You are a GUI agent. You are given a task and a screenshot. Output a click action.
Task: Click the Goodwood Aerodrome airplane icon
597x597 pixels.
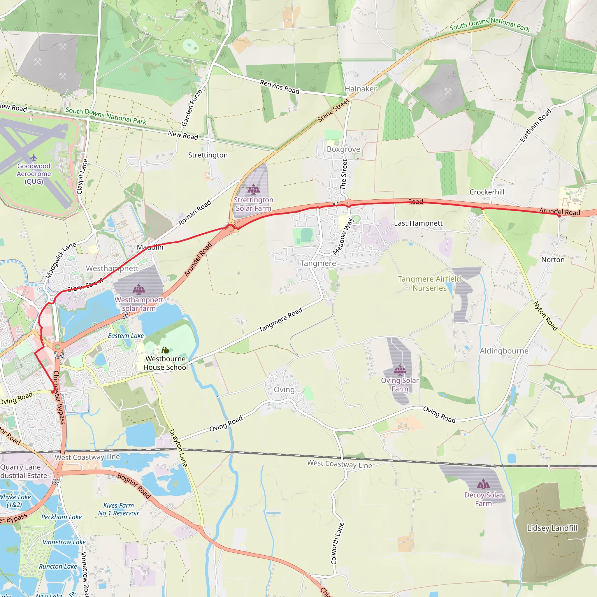pos(34,158)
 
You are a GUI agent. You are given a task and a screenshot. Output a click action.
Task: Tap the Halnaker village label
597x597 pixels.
pos(361,89)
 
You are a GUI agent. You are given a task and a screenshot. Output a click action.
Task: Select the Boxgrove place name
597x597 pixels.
pos(343,149)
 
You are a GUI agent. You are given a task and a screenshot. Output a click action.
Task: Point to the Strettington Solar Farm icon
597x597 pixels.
pos(253,188)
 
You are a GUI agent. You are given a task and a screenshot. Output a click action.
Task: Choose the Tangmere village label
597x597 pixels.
pos(318,263)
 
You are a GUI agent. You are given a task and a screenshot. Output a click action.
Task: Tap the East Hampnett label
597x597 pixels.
pos(418,223)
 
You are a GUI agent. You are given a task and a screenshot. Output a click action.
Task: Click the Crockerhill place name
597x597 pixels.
pos(487,192)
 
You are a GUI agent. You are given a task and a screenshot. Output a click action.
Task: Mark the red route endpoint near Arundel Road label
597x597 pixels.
pos(559,216)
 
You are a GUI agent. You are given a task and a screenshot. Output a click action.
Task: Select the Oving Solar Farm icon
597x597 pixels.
pos(400,369)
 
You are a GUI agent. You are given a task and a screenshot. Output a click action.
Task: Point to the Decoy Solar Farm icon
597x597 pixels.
pos(483,484)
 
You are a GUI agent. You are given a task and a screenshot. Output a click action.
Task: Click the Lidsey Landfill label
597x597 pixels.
pos(552,528)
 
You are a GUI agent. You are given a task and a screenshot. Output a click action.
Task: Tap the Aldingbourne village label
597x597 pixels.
pos(504,351)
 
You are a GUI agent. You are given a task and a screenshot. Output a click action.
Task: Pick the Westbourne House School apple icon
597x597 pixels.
pos(165,350)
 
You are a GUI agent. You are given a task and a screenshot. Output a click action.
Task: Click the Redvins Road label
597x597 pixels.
pos(280,87)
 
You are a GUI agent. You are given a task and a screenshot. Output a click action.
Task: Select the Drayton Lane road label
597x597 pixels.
pos(178,448)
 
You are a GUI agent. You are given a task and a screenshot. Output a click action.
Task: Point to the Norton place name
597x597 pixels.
pos(553,259)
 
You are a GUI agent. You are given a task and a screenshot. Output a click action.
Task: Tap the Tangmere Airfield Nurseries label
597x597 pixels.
pos(429,283)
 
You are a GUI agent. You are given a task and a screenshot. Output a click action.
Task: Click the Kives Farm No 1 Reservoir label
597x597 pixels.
pos(119,509)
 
